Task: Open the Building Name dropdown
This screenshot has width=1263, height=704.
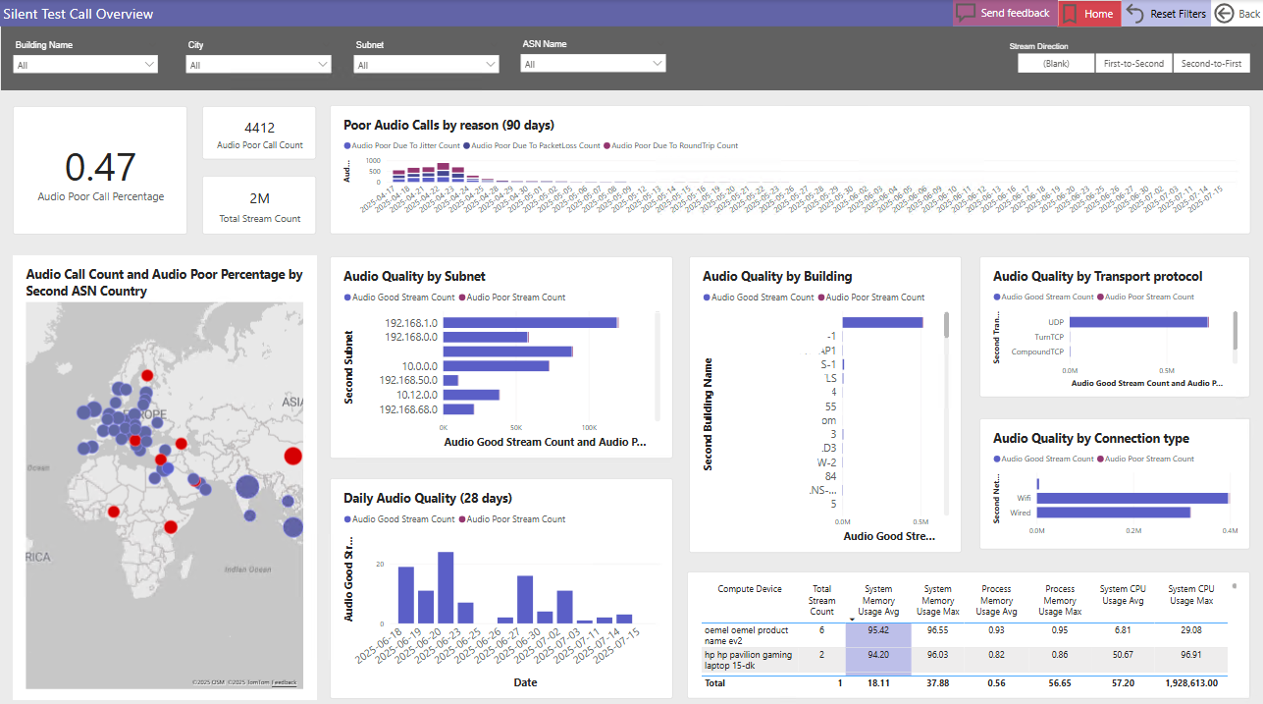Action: (x=85, y=65)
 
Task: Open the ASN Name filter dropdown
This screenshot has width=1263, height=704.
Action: (x=593, y=64)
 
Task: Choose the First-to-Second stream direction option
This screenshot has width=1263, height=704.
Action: (x=1133, y=63)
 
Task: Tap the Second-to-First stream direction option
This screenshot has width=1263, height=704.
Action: (x=1211, y=63)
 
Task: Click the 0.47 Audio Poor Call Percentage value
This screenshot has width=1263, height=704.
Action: (x=100, y=168)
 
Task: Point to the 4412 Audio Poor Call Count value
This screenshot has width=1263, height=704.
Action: (x=259, y=128)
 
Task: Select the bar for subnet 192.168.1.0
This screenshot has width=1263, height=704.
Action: (x=530, y=322)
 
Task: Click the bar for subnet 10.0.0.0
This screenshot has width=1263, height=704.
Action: (x=496, y=365)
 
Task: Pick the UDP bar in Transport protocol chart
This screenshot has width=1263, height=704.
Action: (x=1138, y=321)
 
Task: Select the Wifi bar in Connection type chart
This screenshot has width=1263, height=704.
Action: (x=1132, y=498)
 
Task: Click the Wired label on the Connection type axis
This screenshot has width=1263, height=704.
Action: (x=1021, y=513)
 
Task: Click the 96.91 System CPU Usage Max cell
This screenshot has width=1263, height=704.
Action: (x=1190, y=654)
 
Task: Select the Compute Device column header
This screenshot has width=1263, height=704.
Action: (x=750, y=589)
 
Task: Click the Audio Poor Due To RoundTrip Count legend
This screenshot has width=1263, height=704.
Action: (x=674, y=145)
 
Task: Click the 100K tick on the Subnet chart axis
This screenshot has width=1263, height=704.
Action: (x=589, y=428)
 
